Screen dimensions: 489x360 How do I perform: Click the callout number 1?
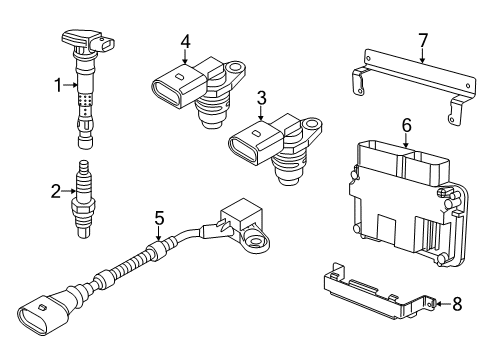tap(59, 86)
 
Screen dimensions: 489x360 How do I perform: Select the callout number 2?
tap(56, 191)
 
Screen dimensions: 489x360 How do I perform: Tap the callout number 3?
tap(262, 98)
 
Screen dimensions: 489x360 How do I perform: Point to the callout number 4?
tap(185, 42)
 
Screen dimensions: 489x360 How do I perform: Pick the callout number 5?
tap(159, 218)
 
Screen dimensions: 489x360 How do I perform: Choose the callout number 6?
tap(407, 126)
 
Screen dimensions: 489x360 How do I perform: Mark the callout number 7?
tap(423, 41)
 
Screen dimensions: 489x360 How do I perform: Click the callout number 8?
tap(457, 304)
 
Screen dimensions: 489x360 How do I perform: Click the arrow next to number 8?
tap(443, 304)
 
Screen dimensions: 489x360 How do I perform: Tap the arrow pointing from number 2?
tap(69, 191)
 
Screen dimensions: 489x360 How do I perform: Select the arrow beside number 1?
tap(71, 85)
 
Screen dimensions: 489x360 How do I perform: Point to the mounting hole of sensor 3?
tap(312, 124)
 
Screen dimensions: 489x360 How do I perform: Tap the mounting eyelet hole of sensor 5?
tap(255, 241)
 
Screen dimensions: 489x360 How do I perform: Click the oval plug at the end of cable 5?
tap(32, 319)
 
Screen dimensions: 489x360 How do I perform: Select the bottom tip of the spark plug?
tap(83, 234)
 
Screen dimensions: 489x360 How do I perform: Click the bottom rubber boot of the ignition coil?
tap(84, 141)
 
